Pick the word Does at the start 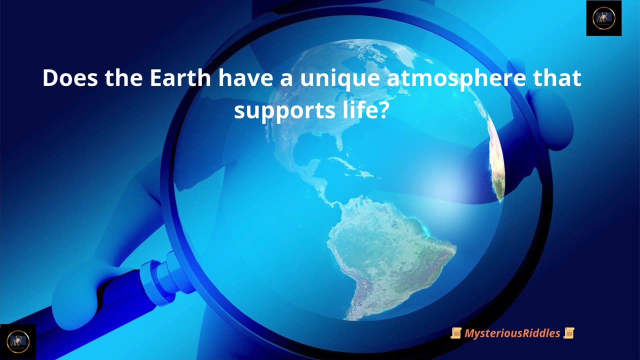70,78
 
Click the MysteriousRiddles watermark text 512,333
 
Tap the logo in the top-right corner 603,18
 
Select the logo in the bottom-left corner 17,342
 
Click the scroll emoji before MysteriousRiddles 455,333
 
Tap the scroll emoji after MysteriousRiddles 568,333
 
